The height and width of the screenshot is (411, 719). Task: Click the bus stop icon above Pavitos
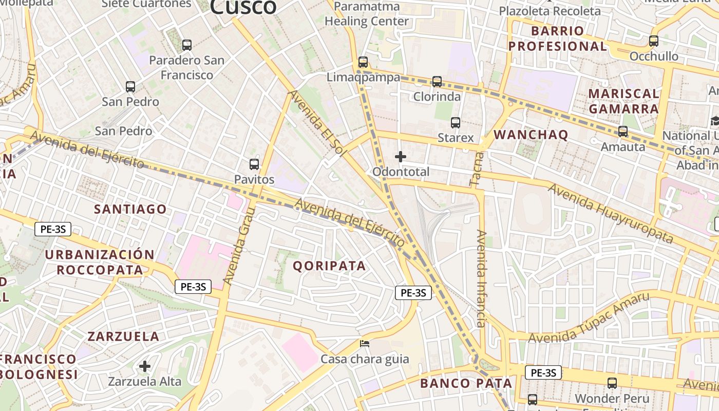254,164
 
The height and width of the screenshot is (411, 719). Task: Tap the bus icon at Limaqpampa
363,62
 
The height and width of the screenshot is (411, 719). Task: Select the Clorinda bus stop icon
437,81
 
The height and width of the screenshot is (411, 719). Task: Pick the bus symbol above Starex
456,123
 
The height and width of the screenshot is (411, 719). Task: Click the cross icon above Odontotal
401,157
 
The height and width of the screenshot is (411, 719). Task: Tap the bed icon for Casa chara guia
365,343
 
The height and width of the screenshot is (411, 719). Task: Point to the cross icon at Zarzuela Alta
145,366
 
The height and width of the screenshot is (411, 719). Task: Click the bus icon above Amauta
623,132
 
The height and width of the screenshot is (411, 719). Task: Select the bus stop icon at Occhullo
654,41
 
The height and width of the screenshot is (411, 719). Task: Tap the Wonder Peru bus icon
612,383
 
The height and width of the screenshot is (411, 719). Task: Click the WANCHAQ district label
531,135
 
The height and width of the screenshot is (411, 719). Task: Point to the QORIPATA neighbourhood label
329,266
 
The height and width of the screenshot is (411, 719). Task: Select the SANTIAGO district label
130,209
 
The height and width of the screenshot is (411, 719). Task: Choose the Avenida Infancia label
481,278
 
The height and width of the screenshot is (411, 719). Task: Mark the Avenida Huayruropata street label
610,213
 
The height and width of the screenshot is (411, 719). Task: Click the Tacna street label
477,169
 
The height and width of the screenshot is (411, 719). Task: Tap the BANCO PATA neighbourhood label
466,383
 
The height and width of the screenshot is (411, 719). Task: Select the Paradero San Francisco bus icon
187,45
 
